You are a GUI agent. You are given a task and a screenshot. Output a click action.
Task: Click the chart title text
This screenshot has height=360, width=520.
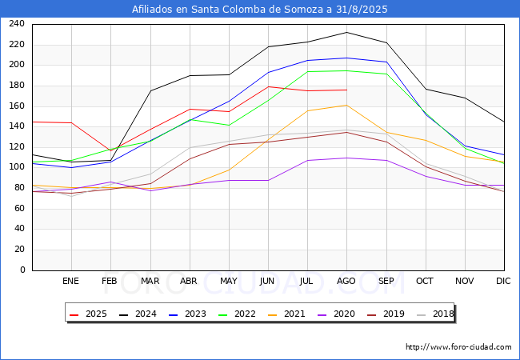pos(260,10)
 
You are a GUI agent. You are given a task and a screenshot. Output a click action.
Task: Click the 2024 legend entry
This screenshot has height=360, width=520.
pos(137,314)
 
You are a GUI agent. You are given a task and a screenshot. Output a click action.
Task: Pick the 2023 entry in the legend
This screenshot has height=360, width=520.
pos(186,314)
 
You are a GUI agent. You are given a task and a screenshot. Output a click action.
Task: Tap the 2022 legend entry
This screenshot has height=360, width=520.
pos(236,314)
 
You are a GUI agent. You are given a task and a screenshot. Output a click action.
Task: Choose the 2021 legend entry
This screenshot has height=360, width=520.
pos(286,314)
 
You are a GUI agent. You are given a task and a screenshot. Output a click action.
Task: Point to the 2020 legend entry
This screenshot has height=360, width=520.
pos(335,314)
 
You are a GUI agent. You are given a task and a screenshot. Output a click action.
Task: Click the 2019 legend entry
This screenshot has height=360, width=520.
pos(385,314)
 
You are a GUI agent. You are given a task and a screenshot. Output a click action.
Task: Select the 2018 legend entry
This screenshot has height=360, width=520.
pos(434,314)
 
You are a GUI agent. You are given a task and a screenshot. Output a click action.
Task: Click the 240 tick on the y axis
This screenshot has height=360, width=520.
pos(17,24)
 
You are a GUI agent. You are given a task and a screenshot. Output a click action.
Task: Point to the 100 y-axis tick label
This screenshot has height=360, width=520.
pos(17,167)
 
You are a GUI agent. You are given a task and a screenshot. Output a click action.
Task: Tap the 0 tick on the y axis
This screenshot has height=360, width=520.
pos(22,270)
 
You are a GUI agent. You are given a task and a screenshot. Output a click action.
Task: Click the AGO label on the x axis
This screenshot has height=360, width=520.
pos(346,281)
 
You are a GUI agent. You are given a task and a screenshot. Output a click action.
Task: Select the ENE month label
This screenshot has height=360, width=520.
pos(71,281)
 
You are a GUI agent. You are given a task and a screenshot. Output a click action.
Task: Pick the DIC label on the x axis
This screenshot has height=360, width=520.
pos(503,281)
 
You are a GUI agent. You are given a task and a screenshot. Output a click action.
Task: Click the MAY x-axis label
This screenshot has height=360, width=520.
pos(229,281)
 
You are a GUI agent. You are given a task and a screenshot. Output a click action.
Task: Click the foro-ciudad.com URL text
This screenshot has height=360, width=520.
pos(458,347)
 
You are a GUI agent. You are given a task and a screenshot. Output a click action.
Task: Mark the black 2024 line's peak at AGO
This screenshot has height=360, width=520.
pos(346,33)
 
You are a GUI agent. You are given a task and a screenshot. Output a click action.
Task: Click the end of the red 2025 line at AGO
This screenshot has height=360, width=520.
pos(346,90)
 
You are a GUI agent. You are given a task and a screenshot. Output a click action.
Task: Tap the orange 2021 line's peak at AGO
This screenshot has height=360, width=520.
pos(346,106)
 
